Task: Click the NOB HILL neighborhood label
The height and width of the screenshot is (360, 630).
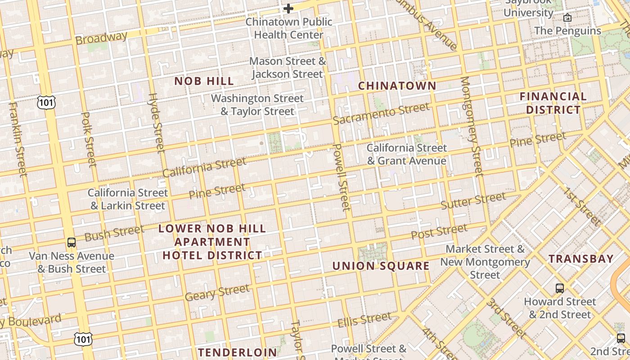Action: pos(204,81)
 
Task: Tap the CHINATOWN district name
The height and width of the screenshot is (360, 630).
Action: pos(397,86)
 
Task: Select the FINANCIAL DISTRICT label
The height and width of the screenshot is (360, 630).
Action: pos(553,103)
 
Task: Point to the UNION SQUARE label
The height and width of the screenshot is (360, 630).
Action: pos(381,266)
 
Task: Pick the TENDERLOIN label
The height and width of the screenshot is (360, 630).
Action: pos(238,352)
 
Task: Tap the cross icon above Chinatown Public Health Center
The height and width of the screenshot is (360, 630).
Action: pos(288,8)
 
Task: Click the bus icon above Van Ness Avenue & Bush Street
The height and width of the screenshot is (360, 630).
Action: pos(72,243)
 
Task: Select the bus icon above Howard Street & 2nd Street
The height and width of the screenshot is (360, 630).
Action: pos(560,288)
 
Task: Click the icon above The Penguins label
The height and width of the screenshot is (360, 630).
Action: pos(567,18)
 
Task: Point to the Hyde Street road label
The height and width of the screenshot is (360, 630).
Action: pos(157,122)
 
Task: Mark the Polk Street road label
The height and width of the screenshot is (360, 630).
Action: pos(89,139)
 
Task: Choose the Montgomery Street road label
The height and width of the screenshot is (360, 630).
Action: pos(471,126)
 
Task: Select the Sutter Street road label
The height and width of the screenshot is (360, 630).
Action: pos(473,201)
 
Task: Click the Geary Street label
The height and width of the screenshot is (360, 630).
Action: pos(217,293)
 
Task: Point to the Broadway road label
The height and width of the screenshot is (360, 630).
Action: pos(101,38)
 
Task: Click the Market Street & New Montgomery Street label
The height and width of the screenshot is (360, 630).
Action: pos(485,262)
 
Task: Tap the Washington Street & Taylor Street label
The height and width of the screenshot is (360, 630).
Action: pos(257,105)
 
